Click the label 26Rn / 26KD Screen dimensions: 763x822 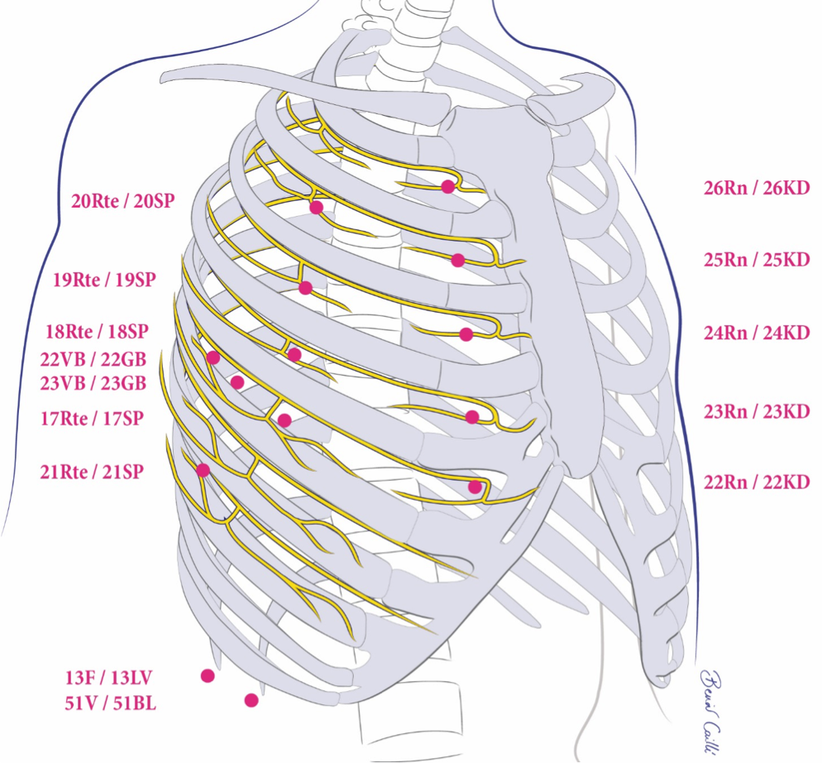click(x=756, y=188)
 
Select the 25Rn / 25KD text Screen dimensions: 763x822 click(x=756, y=260)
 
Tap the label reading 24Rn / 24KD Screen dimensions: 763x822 click(x=756, y=333)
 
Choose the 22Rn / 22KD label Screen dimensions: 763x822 click(x=756, y=482)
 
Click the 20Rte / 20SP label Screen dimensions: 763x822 click(x=122, y=200)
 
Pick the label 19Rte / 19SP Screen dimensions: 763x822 click(x=104, y=280)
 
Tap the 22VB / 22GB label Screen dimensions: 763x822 click(x=93, y=358)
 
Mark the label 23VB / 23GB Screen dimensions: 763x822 click(x=93, y=383)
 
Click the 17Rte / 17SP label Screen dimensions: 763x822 click(x=92, y=419)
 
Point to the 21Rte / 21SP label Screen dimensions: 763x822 click(x=92, y=472)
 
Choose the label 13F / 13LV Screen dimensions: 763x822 click(x=110, y=679)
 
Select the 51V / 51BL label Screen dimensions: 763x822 click(x=110, y=704)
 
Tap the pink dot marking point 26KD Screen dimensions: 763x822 click(x=448, y=187)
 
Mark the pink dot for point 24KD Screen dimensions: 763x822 click(x=466, y=334)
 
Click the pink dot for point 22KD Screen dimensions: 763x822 click(x=475, y=487)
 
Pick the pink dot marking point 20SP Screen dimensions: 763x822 click(x=315, y=207)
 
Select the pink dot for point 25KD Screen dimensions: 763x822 click(x=458, y=260)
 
